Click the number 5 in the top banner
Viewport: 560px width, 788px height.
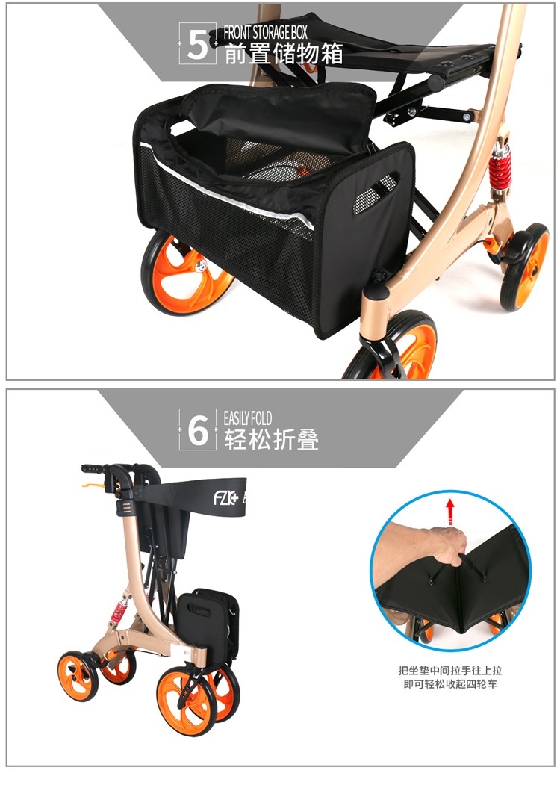[x=197, y=44]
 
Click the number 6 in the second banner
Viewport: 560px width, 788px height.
[x=197, y=431]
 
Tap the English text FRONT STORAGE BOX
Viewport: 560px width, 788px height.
[x=266, y=33]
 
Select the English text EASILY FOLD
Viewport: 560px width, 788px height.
[x=248, y=418]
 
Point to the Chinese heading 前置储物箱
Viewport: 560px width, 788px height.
[x=283, y=54]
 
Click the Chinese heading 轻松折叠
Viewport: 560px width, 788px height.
[x=271, y=439]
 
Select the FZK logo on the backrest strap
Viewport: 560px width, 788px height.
[x=225, y=498]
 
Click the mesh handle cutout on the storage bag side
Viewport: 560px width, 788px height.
[x=376, y=193]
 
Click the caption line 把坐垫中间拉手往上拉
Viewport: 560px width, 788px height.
[x=450, y=671]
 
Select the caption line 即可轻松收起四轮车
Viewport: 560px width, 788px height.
[x=450, y=684]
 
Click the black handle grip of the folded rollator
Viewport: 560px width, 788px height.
[x=93, y=469]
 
